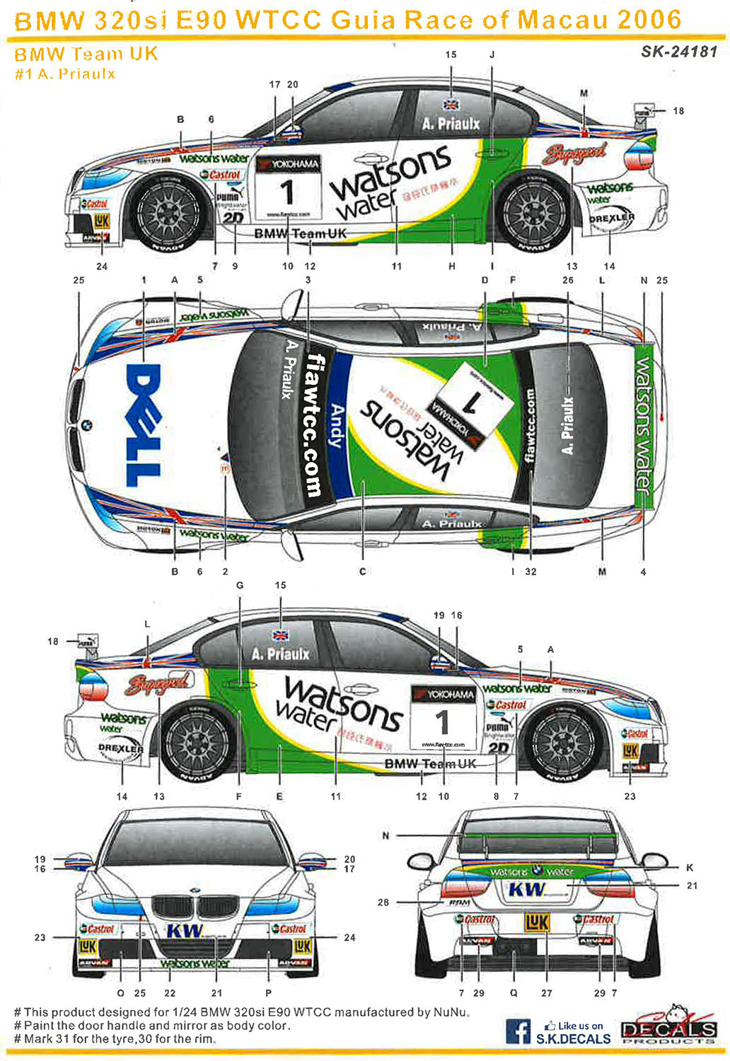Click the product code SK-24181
[679, 51]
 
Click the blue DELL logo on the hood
[144, 424]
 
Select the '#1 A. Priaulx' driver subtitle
[65, 74]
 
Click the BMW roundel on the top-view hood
[86, 425]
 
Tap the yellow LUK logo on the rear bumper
[537, 922]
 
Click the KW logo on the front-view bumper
[185, 931]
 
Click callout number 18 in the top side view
[678, 111]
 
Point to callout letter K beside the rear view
[690, 867]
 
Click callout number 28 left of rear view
[383, 903]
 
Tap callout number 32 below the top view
[531, 572]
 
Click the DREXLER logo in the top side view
[611, 219]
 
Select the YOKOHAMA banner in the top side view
[288, 164]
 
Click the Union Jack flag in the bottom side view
[282, 635]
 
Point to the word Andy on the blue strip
[337, 425]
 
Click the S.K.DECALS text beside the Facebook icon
[573, 1038]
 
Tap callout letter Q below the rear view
[514, 993]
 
